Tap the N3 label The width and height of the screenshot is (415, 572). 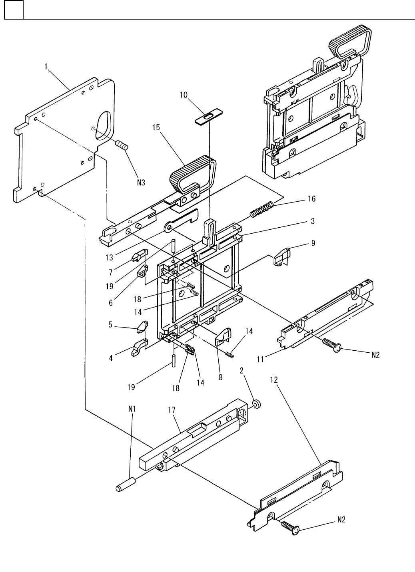pyautogui.click(x=140, y=183)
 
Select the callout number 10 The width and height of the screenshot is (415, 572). pyautogui.click(x=184, y=95)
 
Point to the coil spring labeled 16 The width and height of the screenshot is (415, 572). pyautogui.click(x=262, y=209)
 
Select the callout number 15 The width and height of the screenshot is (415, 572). pyautogui.click(x=156, y=127)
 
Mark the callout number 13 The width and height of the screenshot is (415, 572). pyautogui.click(x=110, y=258)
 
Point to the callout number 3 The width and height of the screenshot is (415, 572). pyautogui.click(x=313, y=221)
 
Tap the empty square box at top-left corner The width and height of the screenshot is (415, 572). pyautogui.click(x=14, y=10)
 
